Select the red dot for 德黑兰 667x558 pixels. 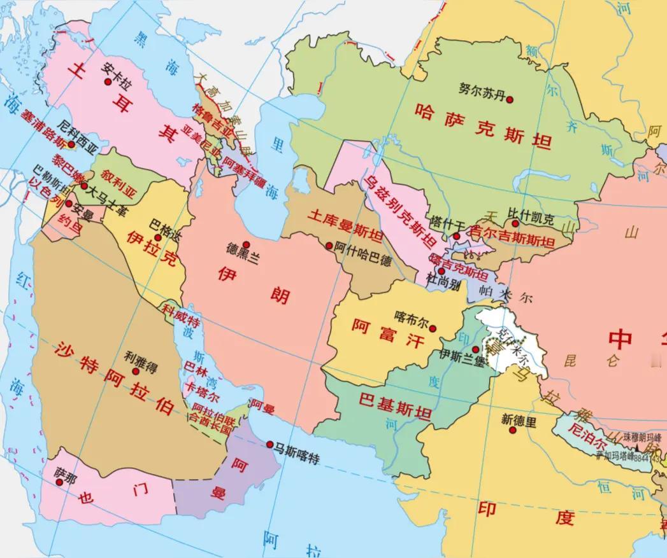coord(245,245)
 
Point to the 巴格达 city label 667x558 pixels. coord(164,225)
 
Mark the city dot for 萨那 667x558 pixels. coord(59,482)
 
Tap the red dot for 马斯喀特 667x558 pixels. coord(270,444)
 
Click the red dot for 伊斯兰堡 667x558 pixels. coord(475,349)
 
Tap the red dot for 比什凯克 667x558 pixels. coord(513,223)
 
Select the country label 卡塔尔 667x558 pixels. coord(198,388)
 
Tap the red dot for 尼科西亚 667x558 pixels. coord(72,144)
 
